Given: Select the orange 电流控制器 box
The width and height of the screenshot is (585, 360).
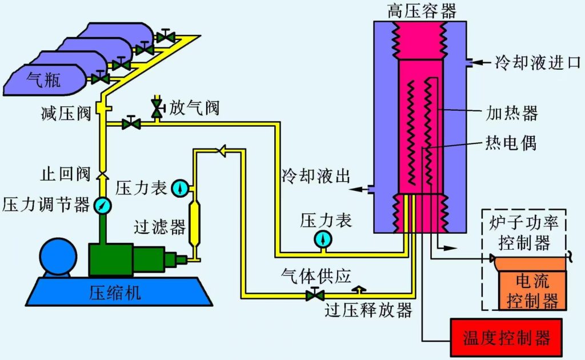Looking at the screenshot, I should (533, 290).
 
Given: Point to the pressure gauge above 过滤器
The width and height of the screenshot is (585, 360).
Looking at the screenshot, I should (181, 187).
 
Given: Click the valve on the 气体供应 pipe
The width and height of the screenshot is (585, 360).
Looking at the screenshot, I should (314, 295).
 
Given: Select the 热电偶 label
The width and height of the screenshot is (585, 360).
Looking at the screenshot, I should (510, 142).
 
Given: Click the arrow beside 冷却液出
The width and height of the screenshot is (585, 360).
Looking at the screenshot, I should (358, 190).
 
